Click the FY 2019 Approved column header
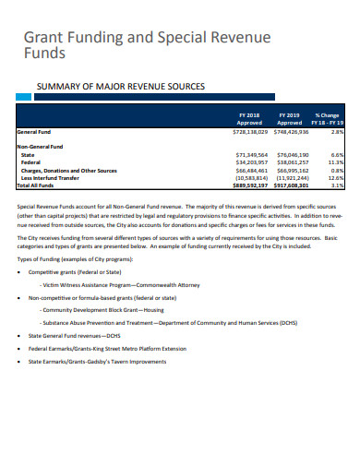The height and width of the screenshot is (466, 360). click(290, 119)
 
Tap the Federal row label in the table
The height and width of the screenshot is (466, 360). click(32, 163)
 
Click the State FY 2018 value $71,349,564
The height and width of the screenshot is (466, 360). click(251, 156)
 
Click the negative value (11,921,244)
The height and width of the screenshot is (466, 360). click(292, 178)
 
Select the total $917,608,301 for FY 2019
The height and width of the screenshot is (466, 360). click(291, 185)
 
